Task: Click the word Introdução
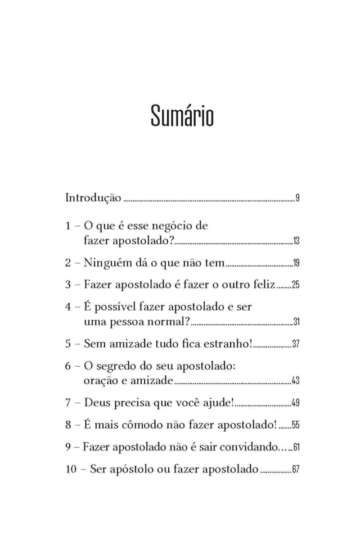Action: (x=93, y=198)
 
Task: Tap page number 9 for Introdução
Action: (x=297, y=199)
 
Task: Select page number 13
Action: (x=296, y=242)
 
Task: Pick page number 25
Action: (x=295, y=285)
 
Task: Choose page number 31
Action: (x=296, y=322)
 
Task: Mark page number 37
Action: (x=295, y=344)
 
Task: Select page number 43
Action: (x=295, y=381)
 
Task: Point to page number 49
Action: (x=295, y=403)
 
